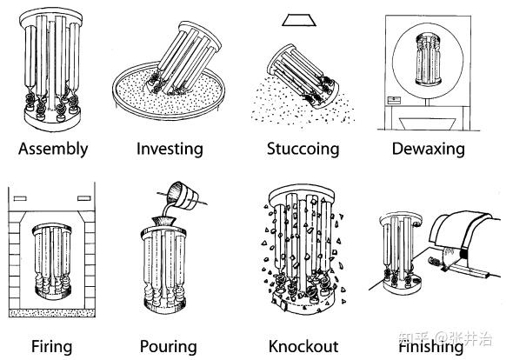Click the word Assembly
(53, 150)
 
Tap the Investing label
(170, 150)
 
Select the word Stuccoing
(303, 150)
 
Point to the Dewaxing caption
(429, 150)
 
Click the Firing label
(51, 347)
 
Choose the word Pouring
(169, 347)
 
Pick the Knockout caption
(303, 347)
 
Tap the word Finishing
(431, 347)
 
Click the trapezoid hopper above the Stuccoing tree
(299, 19)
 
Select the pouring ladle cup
(183, 194)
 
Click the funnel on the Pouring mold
(164, 221)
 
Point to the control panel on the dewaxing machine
(394, 100)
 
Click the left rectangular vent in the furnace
(20, 198)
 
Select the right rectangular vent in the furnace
(84, 198)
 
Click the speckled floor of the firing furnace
(51, 313)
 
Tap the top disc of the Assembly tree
(50, 17)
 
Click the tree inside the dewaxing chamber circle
(429, 59)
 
